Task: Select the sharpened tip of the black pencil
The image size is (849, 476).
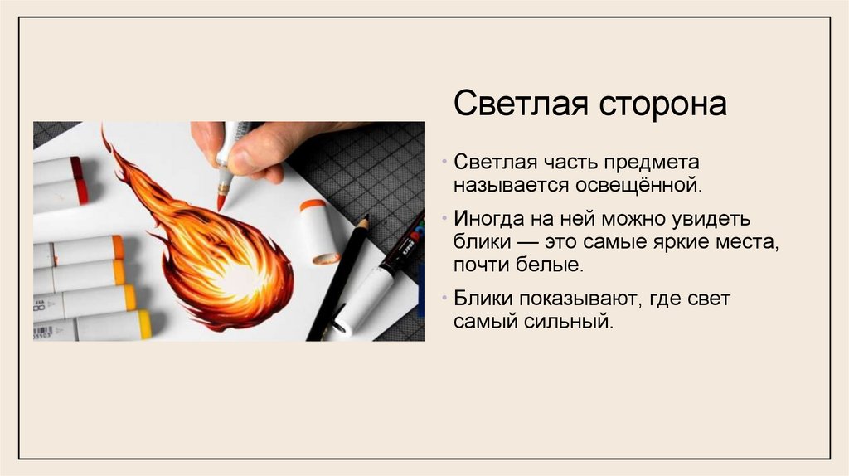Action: tap(364, 221)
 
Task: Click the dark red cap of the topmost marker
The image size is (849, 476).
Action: tap(76, 168)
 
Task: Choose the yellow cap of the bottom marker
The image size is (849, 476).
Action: tap(143, 324)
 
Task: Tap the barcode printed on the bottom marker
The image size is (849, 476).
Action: tap(42, 332)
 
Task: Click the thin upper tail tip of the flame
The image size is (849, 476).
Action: tap(104, 134)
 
